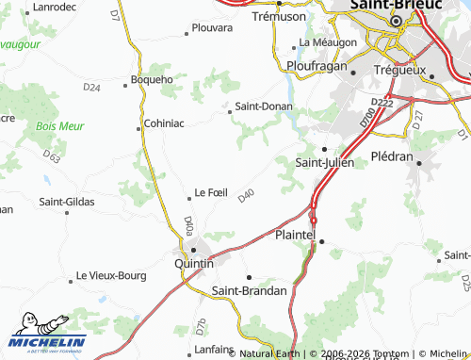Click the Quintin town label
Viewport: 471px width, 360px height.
pyautogui.click(x=194, y=265)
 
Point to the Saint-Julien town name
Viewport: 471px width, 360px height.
pyautogui.click(x=325, y=162)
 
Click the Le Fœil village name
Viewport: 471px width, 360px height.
pyautogui.click(x=211, y=192)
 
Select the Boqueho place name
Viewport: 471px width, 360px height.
pyautogui.click(x=152, y=79)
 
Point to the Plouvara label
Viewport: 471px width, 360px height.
pyautogui.click(x=211, y=28)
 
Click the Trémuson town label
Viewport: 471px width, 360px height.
pyautogui.click(x=281, y=17)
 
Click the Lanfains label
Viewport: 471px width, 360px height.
pyautogui.click(x=213, y=349)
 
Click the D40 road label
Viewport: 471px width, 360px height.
pyautogui.click(x=247, y=195)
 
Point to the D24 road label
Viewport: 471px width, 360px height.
pyautogui.click(x=91, y=88)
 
